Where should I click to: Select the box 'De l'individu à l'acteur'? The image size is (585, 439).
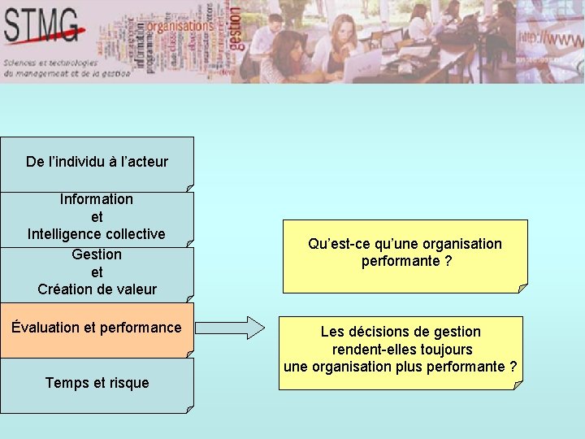coord(97,163)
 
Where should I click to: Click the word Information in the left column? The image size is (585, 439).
coord(97,199)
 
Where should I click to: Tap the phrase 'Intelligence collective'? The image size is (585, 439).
coord(97,234)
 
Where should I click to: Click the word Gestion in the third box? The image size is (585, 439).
coord(97,254)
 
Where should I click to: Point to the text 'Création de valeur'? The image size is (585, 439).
coord(97,289)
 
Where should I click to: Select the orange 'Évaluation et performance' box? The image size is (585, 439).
coord(97,330)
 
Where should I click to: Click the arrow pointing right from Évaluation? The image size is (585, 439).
coord(231,328)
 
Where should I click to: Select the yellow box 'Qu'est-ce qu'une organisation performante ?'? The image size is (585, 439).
coord(405,256)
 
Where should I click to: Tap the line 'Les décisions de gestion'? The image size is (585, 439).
coord(401,332)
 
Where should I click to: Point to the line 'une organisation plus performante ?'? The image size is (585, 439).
coord(400,367)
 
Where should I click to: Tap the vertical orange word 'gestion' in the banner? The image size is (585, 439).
coord(235,28)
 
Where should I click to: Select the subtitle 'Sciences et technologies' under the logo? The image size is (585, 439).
coord(50,63)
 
